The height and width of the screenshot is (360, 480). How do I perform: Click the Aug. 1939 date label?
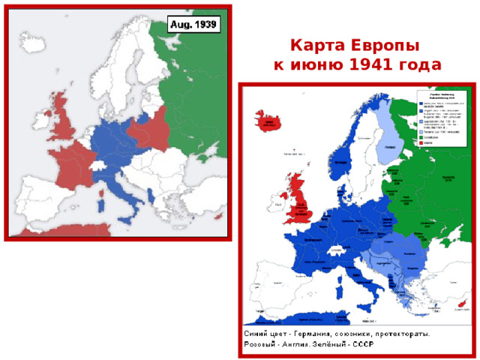click(x=193, y=25)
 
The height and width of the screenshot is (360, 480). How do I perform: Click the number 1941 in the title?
click(x=372, y=64)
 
